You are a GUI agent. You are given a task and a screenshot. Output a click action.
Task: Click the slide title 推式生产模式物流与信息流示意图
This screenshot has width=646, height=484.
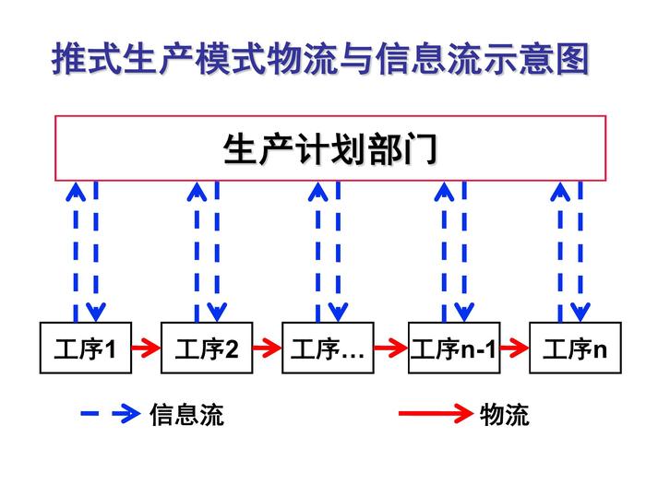pos(320,61)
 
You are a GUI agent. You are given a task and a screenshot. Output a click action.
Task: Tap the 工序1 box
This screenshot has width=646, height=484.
pos(85,348)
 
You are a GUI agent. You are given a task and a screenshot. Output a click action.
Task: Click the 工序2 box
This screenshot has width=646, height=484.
pos(206,348)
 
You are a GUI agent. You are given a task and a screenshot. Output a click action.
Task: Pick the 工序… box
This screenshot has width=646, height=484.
pos(328,348)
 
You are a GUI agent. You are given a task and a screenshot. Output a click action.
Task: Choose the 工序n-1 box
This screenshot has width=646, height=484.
pos(454,348)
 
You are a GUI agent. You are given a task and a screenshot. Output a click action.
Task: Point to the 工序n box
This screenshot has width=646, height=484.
pos(575,348)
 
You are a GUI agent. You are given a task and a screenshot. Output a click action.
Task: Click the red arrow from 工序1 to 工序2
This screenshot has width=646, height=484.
pos(146,348)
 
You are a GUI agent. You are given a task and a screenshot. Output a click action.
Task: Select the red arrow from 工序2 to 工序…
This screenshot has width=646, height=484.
pos(267,348)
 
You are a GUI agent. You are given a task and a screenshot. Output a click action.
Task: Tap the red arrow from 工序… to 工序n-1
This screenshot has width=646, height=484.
pos(391,348)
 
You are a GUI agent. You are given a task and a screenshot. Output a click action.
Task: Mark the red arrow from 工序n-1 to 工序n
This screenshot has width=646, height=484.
pos(514,348)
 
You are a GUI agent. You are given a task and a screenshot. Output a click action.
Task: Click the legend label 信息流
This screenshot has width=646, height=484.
pos(186,415)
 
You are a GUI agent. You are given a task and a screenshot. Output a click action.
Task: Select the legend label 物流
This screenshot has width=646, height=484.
pos(504,415)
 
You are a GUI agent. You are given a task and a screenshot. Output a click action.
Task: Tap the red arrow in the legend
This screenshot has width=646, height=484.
pos(435,415)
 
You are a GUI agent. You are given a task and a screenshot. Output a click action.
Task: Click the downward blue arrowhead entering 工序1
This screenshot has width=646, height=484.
pos(96,312)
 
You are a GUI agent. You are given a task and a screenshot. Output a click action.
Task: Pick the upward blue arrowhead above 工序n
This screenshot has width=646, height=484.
pos(559,191)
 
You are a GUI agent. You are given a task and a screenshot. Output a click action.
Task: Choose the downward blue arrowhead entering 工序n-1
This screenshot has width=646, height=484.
pos(464,312)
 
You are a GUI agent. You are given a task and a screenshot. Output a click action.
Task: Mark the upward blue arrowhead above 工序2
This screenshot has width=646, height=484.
pos(196,191)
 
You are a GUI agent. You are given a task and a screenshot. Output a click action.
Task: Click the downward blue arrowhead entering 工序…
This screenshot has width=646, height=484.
pos(338,312)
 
